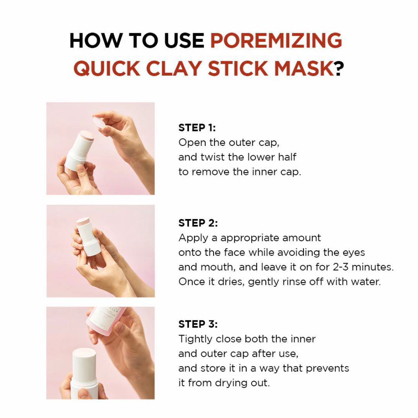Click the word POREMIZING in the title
(x=276, y=40)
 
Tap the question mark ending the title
(x=339, y=69)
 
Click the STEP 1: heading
(x=197, y=128)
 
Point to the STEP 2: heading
(x=198, y=223)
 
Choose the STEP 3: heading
(x=198, y=324)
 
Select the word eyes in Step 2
(x=353, y=252)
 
